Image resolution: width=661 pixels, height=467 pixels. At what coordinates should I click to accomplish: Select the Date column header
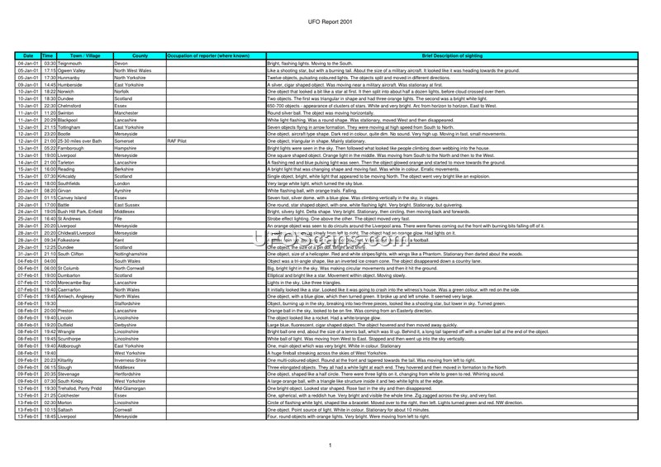point(28,55)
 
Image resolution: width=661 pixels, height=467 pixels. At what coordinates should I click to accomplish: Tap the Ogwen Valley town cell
point(75,70)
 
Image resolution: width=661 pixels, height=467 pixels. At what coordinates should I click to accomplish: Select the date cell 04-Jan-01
point(28,63)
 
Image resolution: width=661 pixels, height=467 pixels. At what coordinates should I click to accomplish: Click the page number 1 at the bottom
point(330,446)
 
